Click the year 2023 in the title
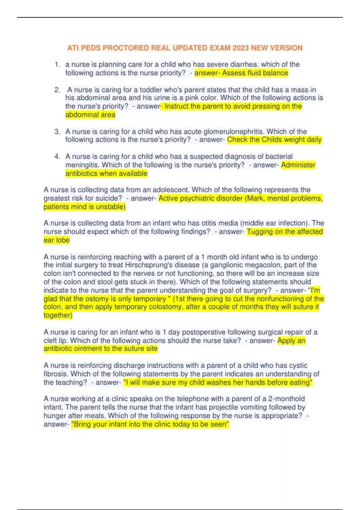click(241, 48)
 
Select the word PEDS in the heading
click(89, 48)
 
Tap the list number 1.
click(57, 64)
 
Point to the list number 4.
click(57, 156)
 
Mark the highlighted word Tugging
click(259, 232)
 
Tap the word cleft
click(50, 340)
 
